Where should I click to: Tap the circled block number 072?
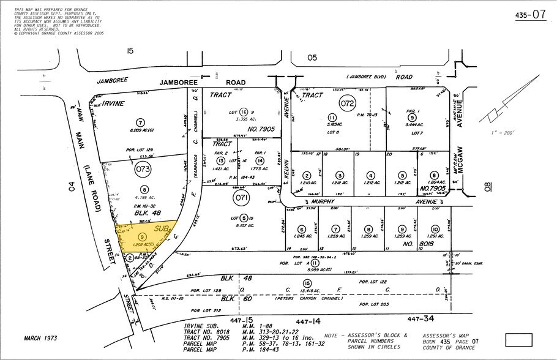coord(348,103)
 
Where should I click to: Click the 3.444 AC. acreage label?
coord(412,124)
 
